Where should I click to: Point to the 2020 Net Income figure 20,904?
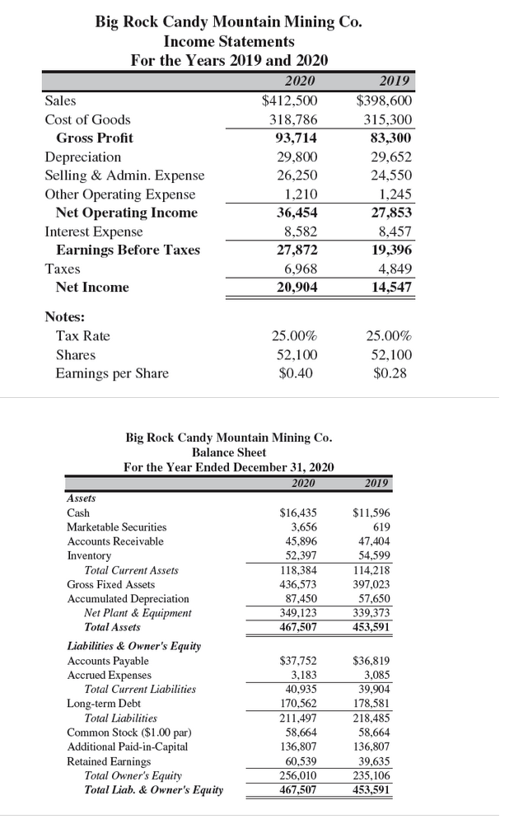pos(294,288)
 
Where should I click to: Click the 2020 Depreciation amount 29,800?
pos(294,157)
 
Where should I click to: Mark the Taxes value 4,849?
pos(392,269)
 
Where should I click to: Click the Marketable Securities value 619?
pos(381,526)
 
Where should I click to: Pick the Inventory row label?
pos(88,555)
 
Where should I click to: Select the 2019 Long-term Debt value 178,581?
pos(371,704)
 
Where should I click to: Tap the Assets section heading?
pos(81,498)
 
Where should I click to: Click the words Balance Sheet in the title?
pos(229,452)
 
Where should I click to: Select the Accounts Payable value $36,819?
pos(371,660)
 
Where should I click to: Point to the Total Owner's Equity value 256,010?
pos(298,775)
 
